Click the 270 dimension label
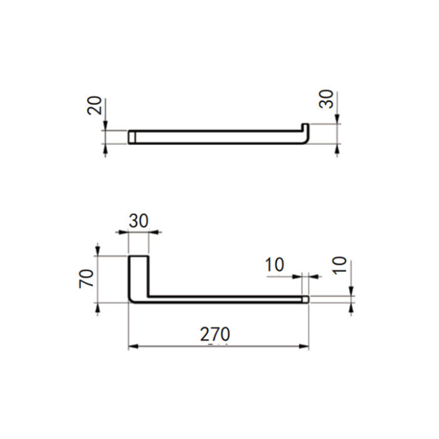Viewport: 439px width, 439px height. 215,334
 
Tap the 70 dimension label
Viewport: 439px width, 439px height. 87,278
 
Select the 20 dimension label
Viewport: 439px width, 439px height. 94,105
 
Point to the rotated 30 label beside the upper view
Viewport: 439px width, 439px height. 327,99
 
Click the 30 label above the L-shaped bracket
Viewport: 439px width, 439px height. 139,221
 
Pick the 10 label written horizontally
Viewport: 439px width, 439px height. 275,265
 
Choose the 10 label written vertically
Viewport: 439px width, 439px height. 340,265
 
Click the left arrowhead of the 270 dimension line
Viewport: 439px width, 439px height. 133,347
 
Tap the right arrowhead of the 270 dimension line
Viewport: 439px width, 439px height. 304,347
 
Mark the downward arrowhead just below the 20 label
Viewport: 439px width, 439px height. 105,125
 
